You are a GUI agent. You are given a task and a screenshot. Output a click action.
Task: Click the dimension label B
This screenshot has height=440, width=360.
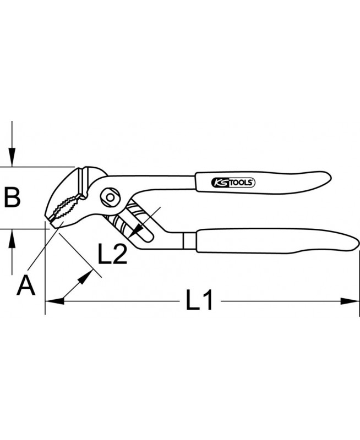tap(12, 197)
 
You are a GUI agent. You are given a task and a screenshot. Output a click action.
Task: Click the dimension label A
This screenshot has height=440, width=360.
tap(26, 285)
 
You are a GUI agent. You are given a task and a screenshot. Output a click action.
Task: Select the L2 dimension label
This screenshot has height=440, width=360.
tap(112, 254)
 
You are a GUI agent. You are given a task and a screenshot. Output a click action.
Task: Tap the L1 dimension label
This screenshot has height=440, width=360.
tap(199, 300)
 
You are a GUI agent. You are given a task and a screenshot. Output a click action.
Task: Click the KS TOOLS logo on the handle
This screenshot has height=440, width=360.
tap(233, 183)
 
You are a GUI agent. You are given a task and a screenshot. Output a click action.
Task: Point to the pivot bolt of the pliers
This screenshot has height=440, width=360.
tap(110, 197)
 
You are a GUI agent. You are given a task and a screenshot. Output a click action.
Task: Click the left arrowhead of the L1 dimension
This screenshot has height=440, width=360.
tap(54, 301)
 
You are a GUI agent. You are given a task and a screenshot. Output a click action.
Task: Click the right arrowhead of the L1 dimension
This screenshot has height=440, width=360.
tap(350, 301)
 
